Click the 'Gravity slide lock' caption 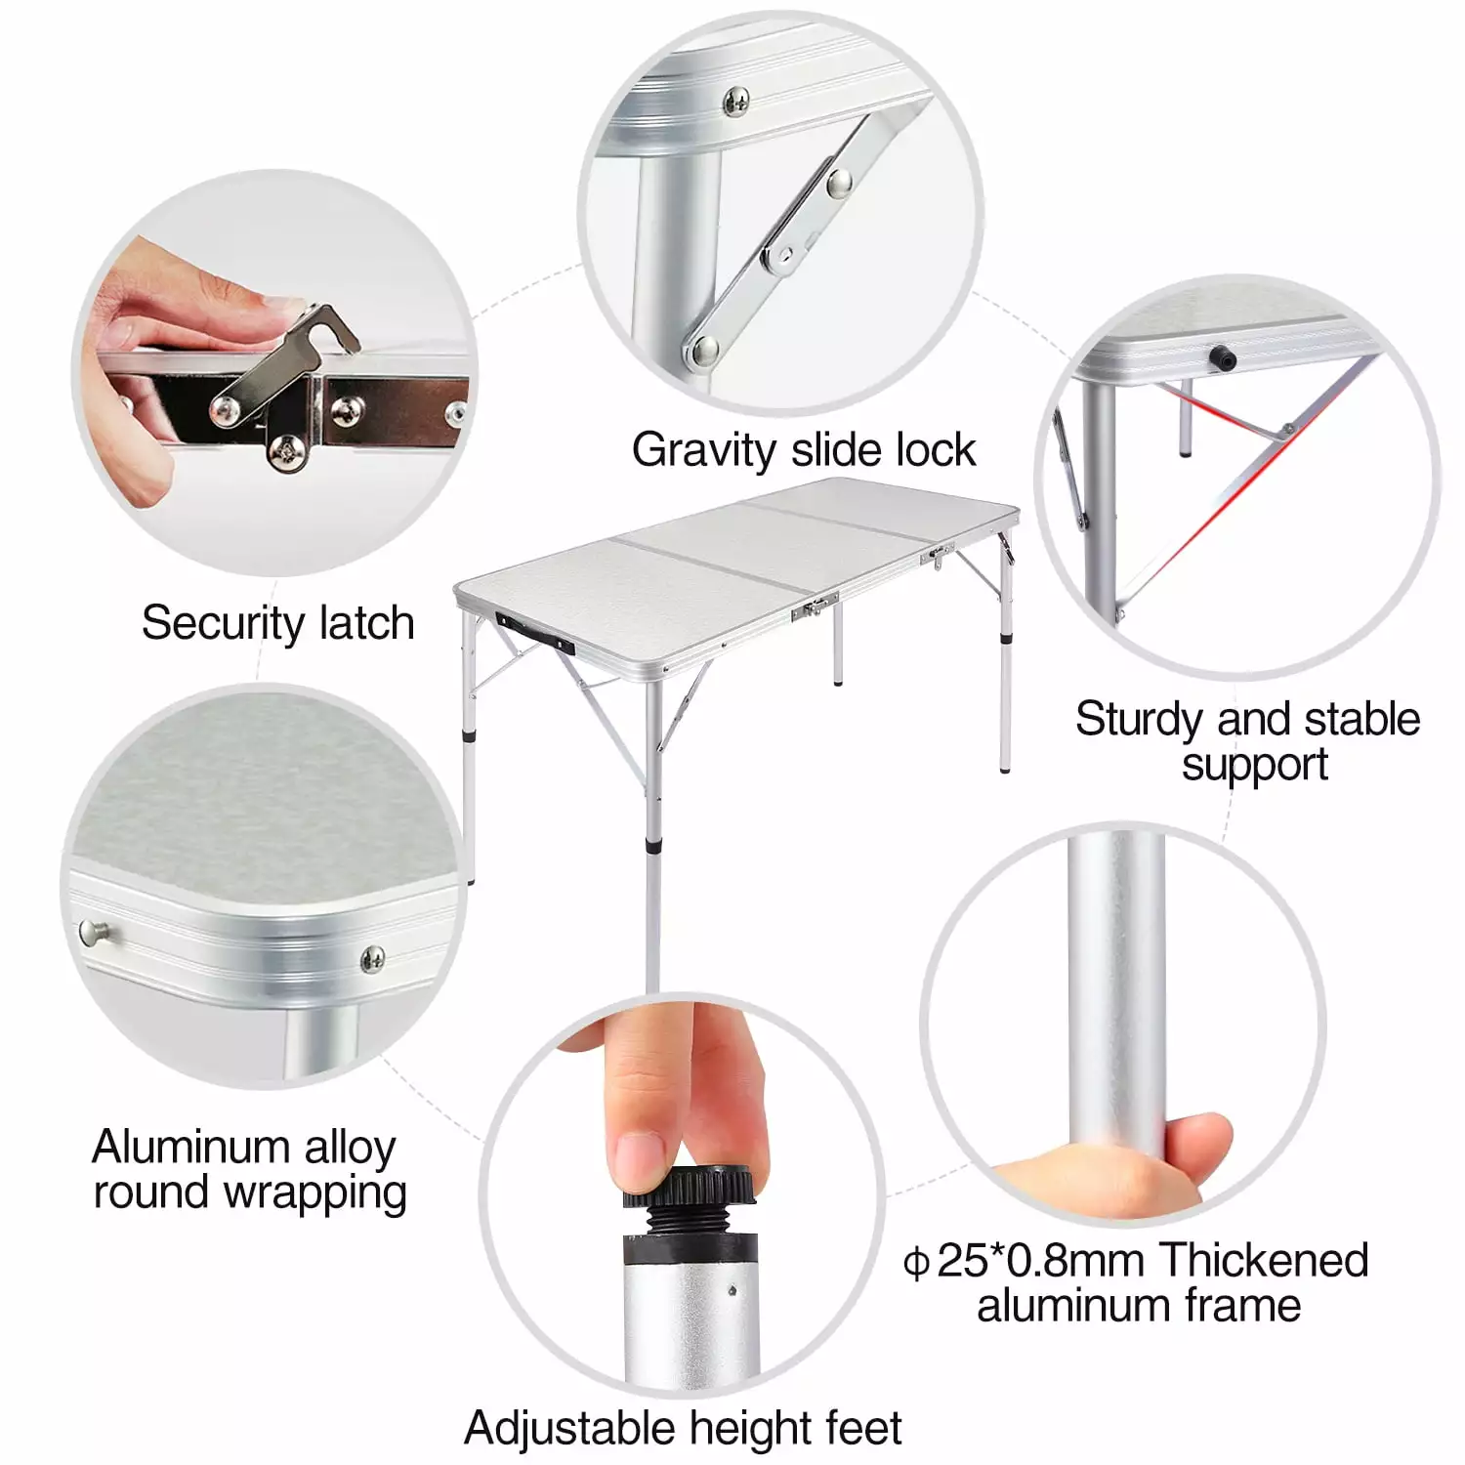click(x=803, y=450)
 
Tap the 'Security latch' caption click(x=277, y=623)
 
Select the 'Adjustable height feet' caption click(x=683, y=1428)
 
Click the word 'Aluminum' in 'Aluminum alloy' click(x=190, y=1147)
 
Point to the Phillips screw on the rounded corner click(x=371, y=958)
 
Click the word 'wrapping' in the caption click(x=314, y=1193)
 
